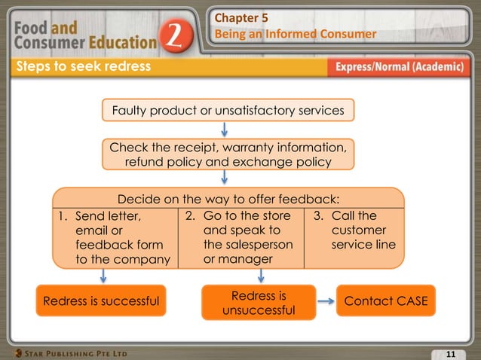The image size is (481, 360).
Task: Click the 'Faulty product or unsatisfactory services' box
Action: coord(228,111)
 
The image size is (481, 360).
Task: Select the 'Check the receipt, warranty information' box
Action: coord(228,154)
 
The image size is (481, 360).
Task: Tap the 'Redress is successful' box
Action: coord(101,301)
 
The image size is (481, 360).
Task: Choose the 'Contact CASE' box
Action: coord(385,301)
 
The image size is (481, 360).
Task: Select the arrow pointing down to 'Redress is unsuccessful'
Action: coord(261,276)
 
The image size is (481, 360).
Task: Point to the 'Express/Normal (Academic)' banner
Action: coord(399,67)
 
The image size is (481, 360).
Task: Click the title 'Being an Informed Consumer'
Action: coord(296,34)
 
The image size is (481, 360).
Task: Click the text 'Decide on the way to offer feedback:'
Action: coord(228,200)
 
